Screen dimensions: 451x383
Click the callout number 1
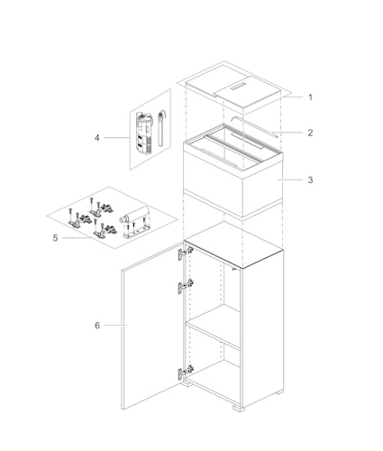pyautogui.click(x=309, y=97)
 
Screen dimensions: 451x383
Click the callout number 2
pyautogui.click(x=309, y=133)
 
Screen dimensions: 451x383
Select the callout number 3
pyautogui.click(x=309, y=179)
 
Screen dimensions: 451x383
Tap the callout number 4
pyautogui.click(x=96, y=138)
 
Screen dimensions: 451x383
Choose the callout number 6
pyautogui.click(x=96, y=325)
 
